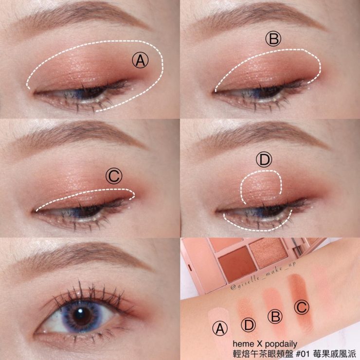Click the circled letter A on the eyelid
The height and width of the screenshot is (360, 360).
click(x=140, y=60)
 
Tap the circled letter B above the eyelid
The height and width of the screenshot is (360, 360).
click(x=273, y=39)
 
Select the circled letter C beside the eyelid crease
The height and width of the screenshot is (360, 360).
click(x=114, y=176)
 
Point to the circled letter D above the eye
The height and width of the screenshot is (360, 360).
click(x=264, y=160)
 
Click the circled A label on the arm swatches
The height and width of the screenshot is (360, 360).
click(x=220, y=328)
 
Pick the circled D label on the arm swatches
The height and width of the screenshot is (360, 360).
click(x=249, y=325)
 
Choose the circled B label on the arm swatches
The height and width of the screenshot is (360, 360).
click(x=275, y=316)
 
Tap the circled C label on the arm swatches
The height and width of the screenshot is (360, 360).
click(x=302, y=307)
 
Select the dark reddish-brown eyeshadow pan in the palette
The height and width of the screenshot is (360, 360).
click(x=237, y=264)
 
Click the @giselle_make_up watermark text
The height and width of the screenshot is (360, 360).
click(x=263, y=275)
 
